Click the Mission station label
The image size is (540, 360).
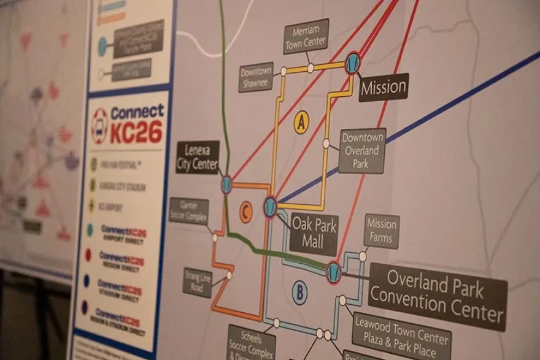(x=384, y=88)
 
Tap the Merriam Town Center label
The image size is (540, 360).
(x=306, y=36)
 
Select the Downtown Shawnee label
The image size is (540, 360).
(x=256, y=77)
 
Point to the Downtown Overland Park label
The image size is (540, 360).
(x=362, y=150)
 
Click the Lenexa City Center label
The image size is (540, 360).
(x=197, y=158)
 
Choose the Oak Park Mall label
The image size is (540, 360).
(x=314, y=234)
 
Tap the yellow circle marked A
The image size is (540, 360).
(x=301, y=122)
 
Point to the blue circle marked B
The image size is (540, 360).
(x=299, y=293)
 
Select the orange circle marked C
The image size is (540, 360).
(x=245, y=212)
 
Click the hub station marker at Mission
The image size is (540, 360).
(x=352, y=64)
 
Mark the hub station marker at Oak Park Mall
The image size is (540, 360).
(x=270, y=206)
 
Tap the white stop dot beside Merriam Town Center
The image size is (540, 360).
(x=310, y=67)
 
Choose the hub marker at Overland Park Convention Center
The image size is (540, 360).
(x=333, y=272)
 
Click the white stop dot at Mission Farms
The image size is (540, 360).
(x=363, y=256)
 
